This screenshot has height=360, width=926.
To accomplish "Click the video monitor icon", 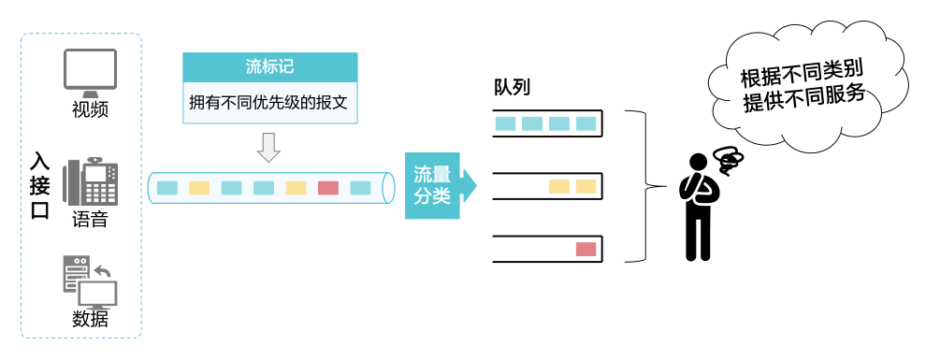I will coord(90,73).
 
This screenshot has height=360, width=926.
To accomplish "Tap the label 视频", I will coord(90,110).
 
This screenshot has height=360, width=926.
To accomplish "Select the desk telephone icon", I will coord(91,181).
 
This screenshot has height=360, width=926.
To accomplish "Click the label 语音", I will coord(90,221).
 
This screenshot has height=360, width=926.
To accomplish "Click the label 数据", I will coord(90,319).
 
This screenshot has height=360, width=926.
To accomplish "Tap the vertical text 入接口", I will coord(40,185).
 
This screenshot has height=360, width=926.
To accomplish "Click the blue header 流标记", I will coord(270,67).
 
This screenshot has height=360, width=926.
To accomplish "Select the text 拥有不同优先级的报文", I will coord(270,102).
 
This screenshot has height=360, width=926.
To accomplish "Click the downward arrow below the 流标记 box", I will coord(269,147).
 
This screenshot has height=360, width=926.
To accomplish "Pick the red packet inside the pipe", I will coord(327,188).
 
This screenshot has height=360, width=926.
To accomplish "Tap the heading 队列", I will coord(513,88).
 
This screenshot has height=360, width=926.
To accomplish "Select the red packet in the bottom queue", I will coord(586,249).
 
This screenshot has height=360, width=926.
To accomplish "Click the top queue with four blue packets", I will coord(547,123).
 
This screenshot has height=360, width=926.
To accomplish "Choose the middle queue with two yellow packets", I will coord(547,186).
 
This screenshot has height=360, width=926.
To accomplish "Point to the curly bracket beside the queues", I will coord(642,186).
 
